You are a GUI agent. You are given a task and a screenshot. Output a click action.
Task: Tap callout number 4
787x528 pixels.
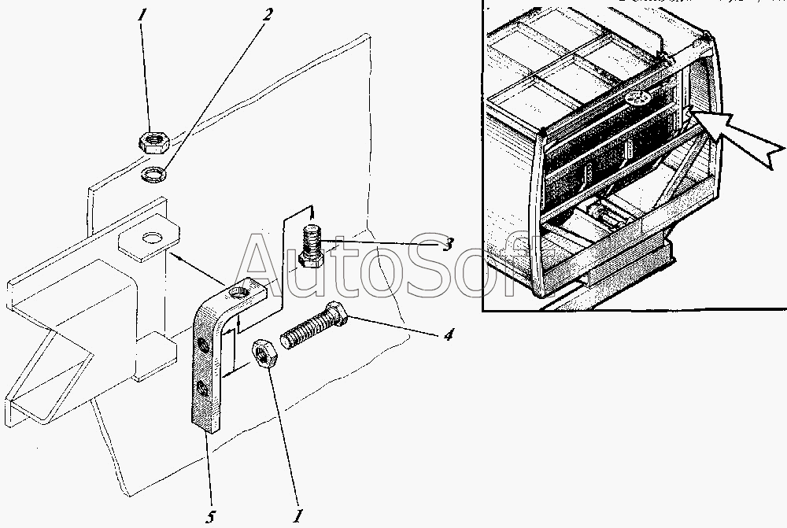pos(448,335)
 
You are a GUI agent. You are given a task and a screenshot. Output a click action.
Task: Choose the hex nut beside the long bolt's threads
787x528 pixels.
pos(264,354)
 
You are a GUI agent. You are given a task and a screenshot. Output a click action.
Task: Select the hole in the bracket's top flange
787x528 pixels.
pos(239,295)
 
